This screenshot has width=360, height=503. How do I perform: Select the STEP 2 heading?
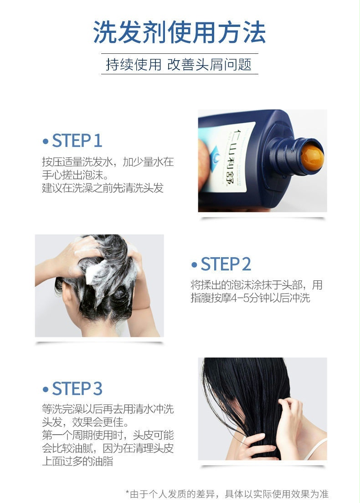point(226,264)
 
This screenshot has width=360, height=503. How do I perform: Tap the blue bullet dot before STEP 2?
point(194,265)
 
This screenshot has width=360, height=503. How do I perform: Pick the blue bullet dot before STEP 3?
point(45,389)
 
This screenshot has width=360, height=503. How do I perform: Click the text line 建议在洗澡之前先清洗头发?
point(103,188)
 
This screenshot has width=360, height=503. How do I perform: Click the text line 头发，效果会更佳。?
point(85,420)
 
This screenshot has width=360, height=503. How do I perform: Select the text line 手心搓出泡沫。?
point(75,175)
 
